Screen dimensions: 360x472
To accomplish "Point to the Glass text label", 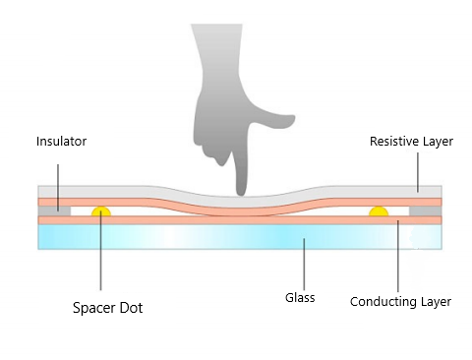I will tap(299, 297).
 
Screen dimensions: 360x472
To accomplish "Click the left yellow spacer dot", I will tap(101, 211).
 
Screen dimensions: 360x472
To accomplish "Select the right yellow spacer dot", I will tap(378, 211).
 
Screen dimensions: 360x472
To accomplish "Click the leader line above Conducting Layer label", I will tap(397, 256).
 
